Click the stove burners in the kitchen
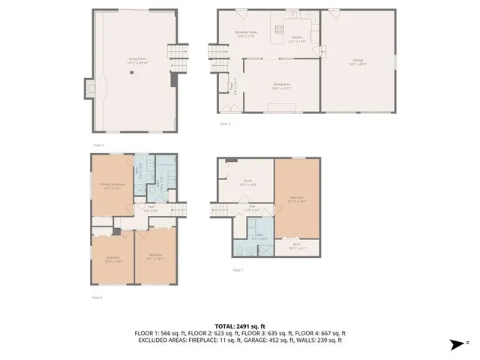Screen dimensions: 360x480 click(x=279, y=30)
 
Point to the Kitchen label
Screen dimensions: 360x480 click(x=297, y=39)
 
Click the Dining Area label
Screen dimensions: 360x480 click(x=282, y=86)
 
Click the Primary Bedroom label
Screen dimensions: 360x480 click(x=112, y=186)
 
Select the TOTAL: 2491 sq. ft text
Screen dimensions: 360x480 click(x=239, y=325)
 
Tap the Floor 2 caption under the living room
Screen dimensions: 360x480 click(x=97, y=144)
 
